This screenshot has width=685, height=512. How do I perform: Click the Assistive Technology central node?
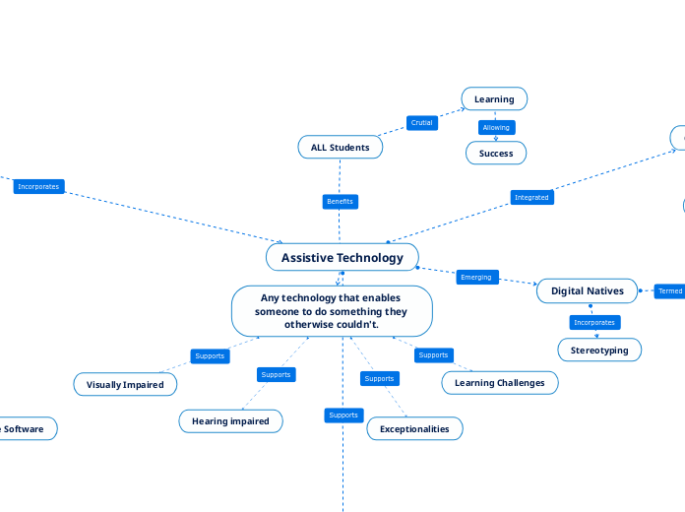[x=342, y=258]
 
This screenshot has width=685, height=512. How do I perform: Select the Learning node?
[x=494, y=98]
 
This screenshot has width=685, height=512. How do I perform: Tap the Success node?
[x=495, y=153]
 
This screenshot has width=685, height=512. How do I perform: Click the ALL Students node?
[x=340, y=148]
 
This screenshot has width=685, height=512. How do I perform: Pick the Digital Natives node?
[x=587, y=290]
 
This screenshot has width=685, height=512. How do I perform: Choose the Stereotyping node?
[x=599, y=350]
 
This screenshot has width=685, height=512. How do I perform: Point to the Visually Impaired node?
[x=125, y=384]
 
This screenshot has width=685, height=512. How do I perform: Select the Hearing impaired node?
[x=230, y=420]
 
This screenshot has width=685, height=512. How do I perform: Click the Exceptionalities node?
[x=414, y=428]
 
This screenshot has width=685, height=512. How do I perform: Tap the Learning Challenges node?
[x=500, y=382]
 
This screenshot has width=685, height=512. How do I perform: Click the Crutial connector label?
[x=421, y=123]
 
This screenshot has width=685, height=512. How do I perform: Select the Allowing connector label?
[x=496, y=128]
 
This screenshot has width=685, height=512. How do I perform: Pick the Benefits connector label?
[x=339, y=202]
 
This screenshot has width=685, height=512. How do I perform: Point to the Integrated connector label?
[x=531, y=197]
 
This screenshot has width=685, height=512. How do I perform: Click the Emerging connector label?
[x=475, y=277]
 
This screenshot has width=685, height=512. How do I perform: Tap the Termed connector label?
[x=670, y=291]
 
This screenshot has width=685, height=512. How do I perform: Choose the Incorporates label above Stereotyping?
[x=594, y=322]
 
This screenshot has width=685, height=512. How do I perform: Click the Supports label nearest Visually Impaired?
[x=210, y=355]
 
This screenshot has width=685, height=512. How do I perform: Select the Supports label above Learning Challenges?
[x=433, y=354]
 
